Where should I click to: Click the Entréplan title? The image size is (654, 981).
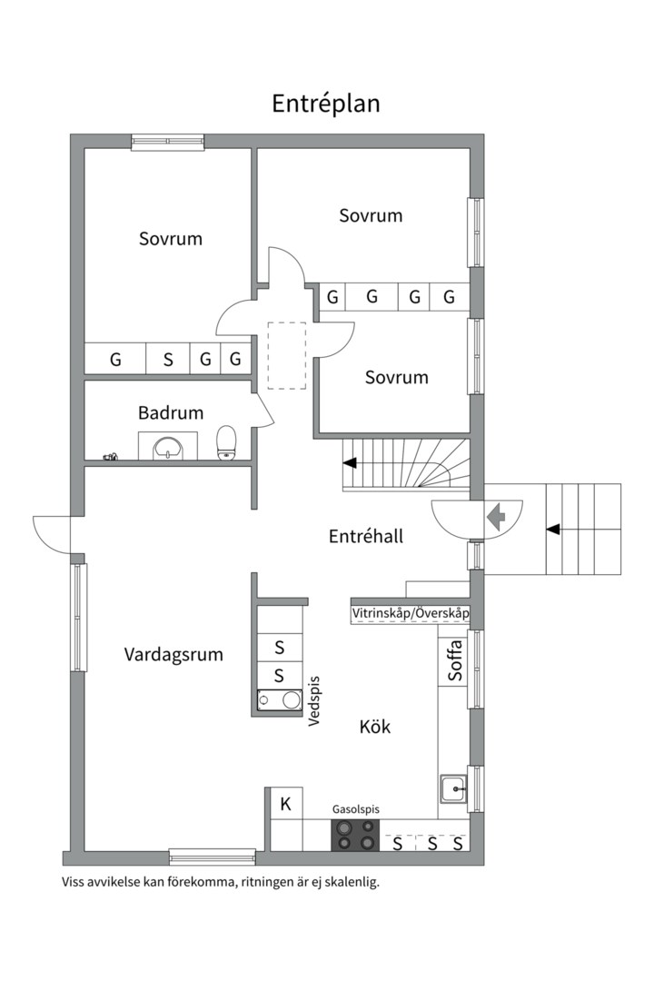[x=326, y=104]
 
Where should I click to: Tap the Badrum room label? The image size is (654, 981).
[x=171, y=413]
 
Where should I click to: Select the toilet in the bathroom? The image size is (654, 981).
[x=226, y=442]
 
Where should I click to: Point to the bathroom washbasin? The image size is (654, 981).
[x=167, y=447]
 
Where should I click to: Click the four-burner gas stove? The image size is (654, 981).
[x=355, y=835]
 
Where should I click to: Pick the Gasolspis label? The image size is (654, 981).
[x=355, y=808]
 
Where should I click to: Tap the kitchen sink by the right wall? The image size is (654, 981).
[x=452, y=788]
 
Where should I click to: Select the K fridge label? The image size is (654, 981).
[x=285, y=804]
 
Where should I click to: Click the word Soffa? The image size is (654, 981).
[x=455, y=660]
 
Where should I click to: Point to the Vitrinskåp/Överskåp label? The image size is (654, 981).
[x=411, y=614]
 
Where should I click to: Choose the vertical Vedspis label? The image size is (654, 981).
[x=314, y=700]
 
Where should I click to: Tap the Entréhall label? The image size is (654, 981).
[x=365, y=537]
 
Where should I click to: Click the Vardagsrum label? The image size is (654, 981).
[x=173, y=654]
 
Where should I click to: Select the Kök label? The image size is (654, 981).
[x=374, y=727]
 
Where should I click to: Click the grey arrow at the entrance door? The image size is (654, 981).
[x=495, y=518]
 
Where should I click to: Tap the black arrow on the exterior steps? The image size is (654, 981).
[x=551, y=528]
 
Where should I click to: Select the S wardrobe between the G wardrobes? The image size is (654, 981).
[x=168, y=359]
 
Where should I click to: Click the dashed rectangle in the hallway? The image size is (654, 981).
[x=287, y=355]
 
